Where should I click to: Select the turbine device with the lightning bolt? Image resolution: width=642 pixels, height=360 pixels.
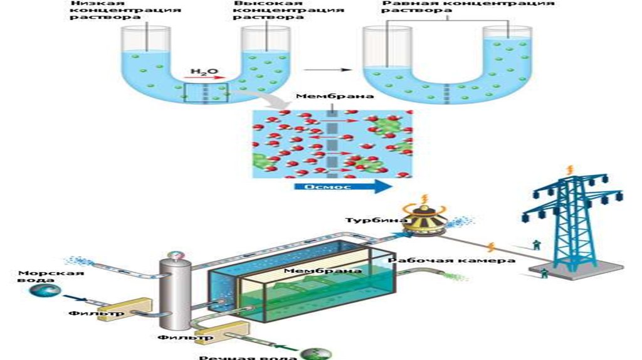click(x=424, y=221)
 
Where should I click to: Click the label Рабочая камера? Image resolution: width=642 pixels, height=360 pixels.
click(x=452, y=260)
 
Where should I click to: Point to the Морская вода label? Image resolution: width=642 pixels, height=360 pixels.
click(x=42, y=277)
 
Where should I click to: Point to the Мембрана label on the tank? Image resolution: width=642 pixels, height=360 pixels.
click(x=322, y=270)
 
